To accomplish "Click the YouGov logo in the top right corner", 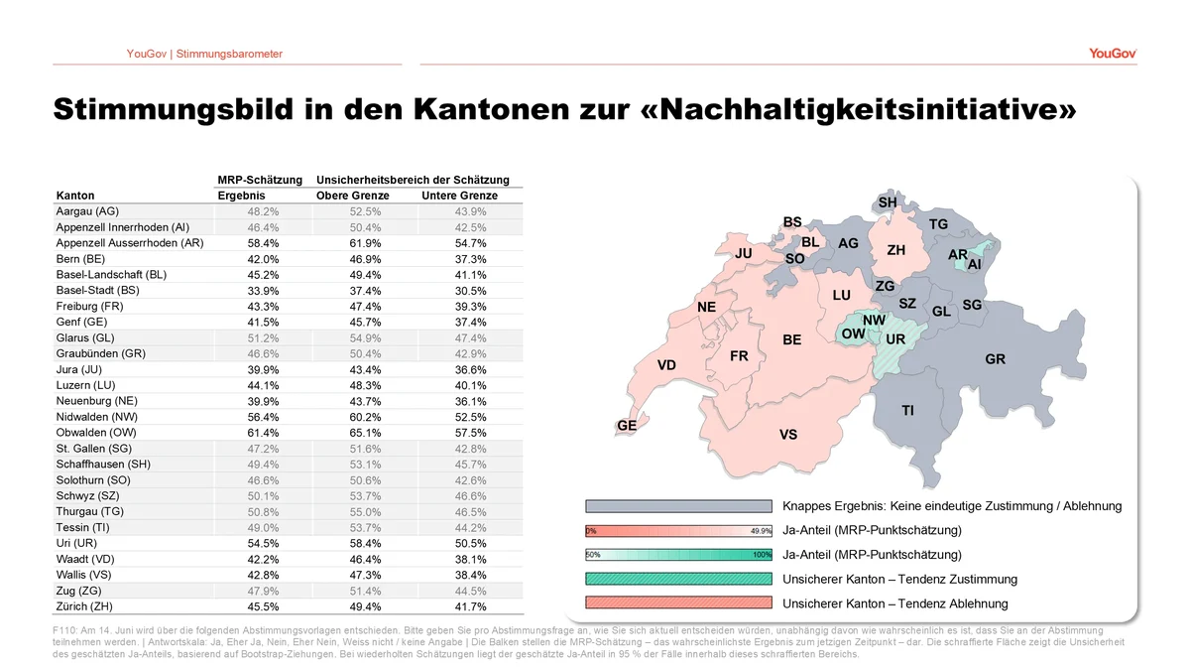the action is click(1113, 54).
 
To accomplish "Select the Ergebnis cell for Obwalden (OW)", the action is click(263, 433).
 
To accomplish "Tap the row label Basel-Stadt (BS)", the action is click(98, 291).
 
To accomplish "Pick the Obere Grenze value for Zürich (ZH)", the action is click(365, 606).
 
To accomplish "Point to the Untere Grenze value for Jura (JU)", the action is click(470, 369).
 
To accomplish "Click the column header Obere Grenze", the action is click(353, 196).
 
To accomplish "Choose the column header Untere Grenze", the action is click(459, 196).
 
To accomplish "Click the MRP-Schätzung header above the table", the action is click(260, 180).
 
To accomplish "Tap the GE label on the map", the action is click(627, 426).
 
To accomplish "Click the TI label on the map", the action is click(907, 411).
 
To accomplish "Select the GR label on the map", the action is click(995, 359).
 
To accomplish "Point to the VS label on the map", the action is click(788, 435).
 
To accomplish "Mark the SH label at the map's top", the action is click(888, 202).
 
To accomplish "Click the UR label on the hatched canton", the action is click(895, 339).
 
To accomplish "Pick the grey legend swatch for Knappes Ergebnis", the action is click(678, 506).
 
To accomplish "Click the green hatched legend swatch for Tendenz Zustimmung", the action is click(678, 579).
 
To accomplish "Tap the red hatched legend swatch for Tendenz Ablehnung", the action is click(678, 603).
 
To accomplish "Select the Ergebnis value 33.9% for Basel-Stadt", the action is click(263, 291).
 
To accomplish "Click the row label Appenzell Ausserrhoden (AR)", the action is click(130, 243).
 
